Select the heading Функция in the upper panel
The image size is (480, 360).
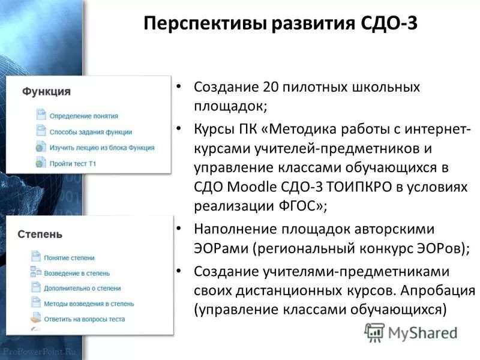coord(46,92)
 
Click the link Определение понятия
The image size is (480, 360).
coord(83,116)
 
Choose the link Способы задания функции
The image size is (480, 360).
coord(90,131)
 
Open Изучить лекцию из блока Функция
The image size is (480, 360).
coord(101,147)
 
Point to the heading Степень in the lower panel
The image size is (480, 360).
coord(40,234)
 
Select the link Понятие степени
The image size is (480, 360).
coord(69,257)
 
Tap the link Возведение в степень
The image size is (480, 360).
coord(76,273)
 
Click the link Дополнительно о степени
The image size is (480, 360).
coord(82,288)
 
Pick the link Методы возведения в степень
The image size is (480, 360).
coord(88,304)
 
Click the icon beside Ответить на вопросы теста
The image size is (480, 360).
coord(35,319)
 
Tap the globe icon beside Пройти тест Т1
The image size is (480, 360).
coord(40,163)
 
